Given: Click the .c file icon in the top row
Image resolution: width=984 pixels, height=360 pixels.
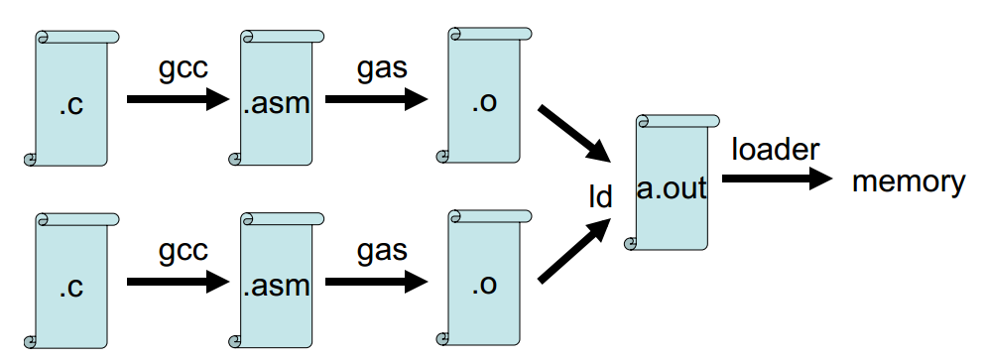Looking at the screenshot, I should point(70,98).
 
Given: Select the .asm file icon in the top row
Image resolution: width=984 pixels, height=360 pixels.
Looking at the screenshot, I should point(276,98).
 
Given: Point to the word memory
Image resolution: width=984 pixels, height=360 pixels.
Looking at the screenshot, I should point(908,181).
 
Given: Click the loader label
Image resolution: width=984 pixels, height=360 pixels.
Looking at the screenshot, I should point(775,149).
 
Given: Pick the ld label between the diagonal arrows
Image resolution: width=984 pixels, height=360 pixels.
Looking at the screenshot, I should point(598,196).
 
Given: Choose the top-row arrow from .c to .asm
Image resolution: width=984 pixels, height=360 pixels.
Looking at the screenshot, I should point(178,99).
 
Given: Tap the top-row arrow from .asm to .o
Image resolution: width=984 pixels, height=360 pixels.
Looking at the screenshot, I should point(376,99).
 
